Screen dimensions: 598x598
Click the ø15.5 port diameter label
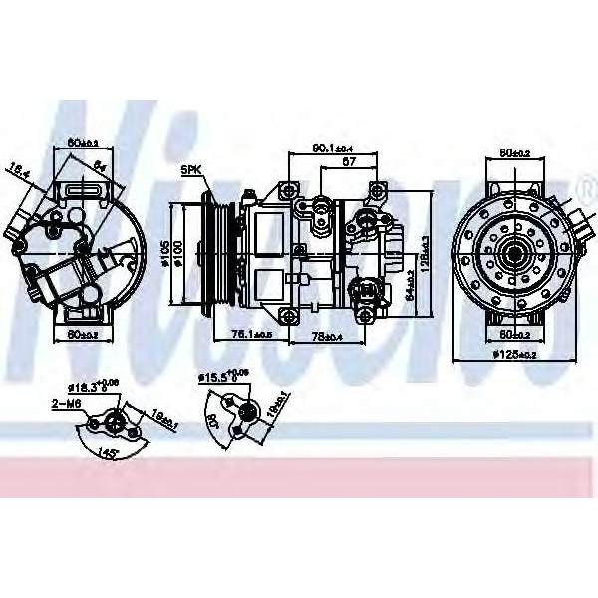[221, 378]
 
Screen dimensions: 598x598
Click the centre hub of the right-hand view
[515, 254]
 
